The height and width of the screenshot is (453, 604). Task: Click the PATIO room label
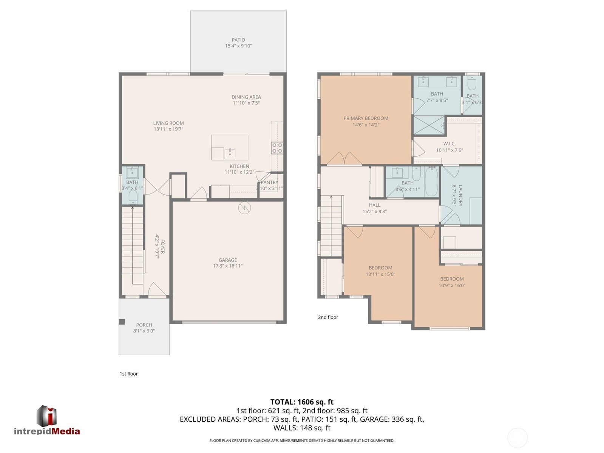coord(238,40)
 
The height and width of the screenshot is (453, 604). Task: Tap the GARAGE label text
coord(227,260)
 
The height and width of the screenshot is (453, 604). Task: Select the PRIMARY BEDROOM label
coord(366,118)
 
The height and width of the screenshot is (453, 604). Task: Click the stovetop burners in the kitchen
coord(277,148)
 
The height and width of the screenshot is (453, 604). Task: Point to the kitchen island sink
coord(230,154)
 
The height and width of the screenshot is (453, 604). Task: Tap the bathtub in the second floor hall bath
coord(431,182)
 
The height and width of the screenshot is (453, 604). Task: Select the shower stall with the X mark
coord(429,125)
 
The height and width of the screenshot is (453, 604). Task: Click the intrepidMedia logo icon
coord(47,416)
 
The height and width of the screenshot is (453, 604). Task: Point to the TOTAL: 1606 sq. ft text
coord(302,402)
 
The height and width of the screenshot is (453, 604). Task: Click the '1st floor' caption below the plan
coord(128,374)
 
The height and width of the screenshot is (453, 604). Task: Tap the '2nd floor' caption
coord(328,317)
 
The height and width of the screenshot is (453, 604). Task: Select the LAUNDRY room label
coord(460,195)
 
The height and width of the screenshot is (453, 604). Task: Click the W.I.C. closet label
coord(450,144)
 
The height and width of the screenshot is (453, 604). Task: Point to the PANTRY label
coord(269,182)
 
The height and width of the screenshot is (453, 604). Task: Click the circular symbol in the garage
coord(245,208)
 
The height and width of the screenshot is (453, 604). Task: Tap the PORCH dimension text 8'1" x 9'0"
coord(144,331)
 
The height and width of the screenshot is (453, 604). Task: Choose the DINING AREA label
coord(246,97)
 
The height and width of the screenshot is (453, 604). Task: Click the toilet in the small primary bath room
coord(472,83)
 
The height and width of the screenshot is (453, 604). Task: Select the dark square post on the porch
coord(122,322)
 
